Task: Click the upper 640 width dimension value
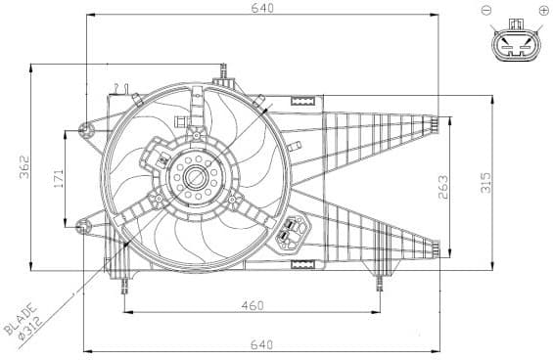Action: point(261,8)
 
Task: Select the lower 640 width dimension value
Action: point(261,343)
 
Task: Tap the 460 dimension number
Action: point(252,305)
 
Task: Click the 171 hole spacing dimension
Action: point(58,178)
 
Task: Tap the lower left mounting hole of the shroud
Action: point(80,227)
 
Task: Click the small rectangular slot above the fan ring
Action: point(303,100)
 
